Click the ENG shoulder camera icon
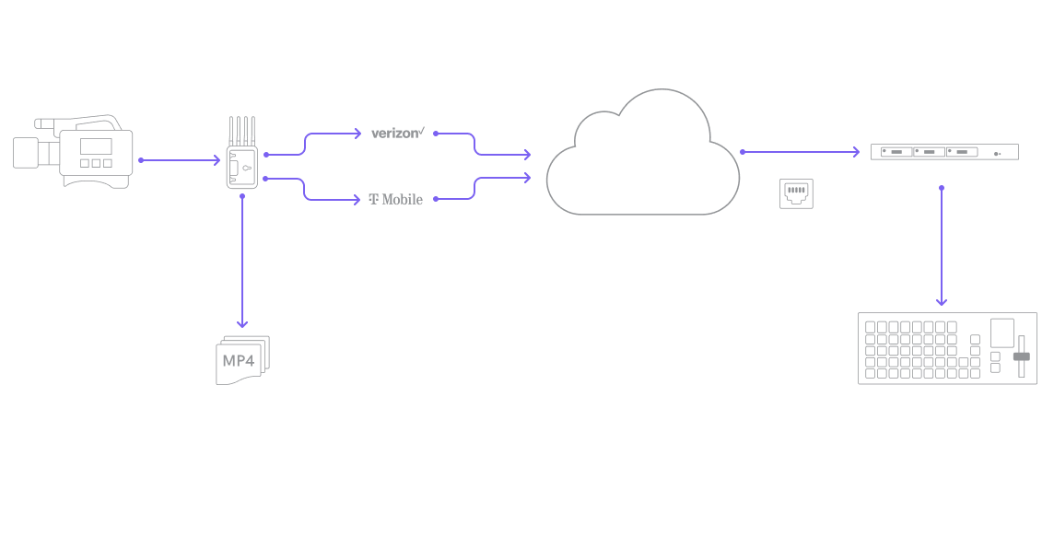pos(74,150)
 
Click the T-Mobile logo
pos(396,199)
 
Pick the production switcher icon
pos(947,348)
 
